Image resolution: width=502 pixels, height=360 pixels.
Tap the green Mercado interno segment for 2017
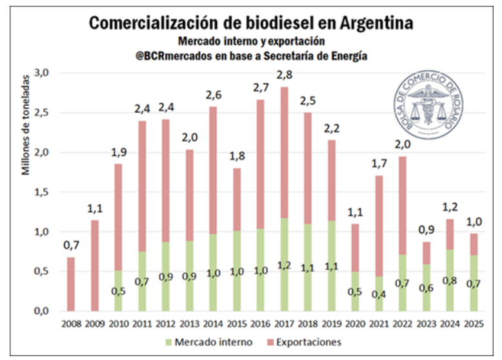click(x=283, y=265)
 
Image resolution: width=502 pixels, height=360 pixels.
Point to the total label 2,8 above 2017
click(x=284, y=75)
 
